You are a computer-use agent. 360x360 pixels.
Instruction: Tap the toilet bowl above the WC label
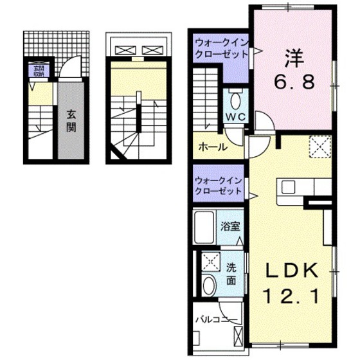(x=235, y=100)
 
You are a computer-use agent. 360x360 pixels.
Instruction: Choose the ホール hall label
(x=212, y=147)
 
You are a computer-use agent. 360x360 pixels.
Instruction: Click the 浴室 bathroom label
(x=230, y=226)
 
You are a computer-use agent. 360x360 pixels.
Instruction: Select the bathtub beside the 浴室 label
(x=204, y=226)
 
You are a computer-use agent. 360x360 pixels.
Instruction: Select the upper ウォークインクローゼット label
(x=221, y=48)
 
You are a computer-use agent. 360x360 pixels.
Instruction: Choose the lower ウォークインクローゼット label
(x=219, y=186)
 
